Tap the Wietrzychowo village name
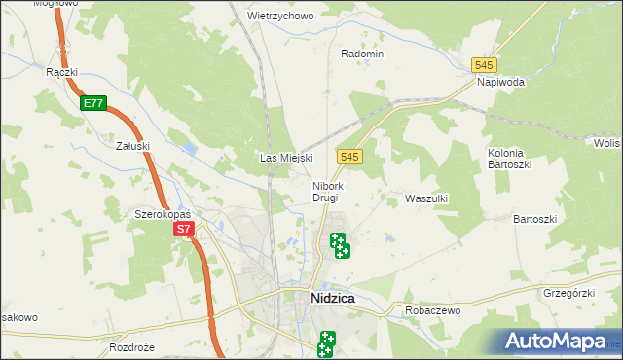(x=279, y=17)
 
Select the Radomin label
(x=362, y=54)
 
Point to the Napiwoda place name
(x=500, y=83)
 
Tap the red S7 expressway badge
(x=185, y=230)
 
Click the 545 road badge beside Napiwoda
(x=485, y=64)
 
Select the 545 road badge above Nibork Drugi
(x=351, y=157)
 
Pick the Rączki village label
(x=61, y=71)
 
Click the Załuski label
(x=131, y=146)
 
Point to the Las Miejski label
(x=284, y=158)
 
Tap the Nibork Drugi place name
(x=327, y=191)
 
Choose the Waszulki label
(x=425, y=198)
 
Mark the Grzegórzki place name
(x=568, y=292)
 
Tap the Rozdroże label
(x=133, y=347)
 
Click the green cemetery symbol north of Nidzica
(x=339, y=244)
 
